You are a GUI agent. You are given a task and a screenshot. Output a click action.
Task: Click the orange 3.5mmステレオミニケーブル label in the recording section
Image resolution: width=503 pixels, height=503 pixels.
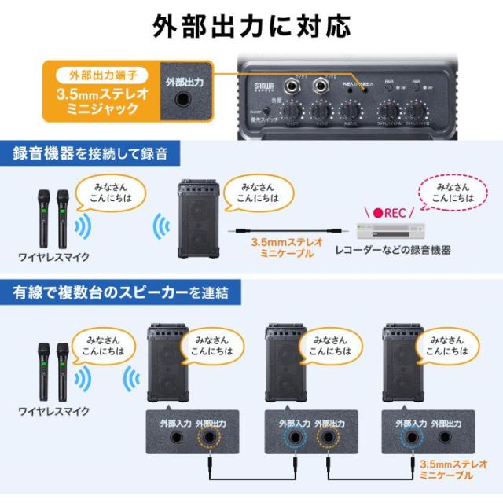point(281,248)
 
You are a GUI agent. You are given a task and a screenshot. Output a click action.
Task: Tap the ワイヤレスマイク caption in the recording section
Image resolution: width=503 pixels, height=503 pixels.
point(53,256)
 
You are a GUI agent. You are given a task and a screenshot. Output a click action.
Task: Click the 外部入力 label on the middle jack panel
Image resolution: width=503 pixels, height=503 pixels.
point(294,423)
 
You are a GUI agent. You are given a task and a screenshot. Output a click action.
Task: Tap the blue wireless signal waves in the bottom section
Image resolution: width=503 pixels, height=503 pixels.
point(130,381)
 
